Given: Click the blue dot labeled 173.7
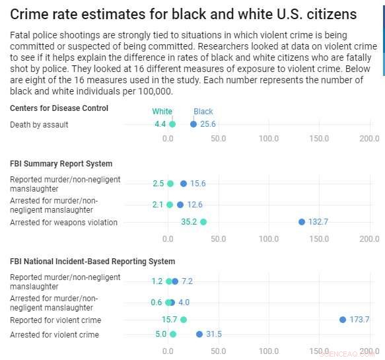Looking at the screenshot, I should pyautogui.click(x=343, y=320).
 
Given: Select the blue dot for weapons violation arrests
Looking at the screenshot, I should pyautogui.click(x=302, y=222).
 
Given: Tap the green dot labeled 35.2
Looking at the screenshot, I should pyautogui.click(x=203, y=222).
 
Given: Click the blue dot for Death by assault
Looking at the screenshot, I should pyautogui.click(x=193, y=124).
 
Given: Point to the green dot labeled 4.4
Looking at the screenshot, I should pyautogui.click(x=172, y=124).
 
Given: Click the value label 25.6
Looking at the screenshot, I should pyautogui.click(x=208, y=124).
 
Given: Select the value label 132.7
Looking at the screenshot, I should pyautogui.click(x=318, y=222).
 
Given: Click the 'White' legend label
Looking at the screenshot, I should pyautogui.click(x=162, y=112).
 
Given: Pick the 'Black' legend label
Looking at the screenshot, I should pyautogui.click(x=203, y=112).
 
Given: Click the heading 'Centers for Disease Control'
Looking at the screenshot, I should pyautogui.click(x=59, y=108).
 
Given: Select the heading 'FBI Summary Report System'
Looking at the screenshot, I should pyautogui.click(x=61, y=164).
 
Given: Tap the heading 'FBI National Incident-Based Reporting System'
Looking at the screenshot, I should pyautogui.click(x=92, y=262).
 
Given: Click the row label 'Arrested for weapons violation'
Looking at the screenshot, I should pyautogui.click(x=64, y=223).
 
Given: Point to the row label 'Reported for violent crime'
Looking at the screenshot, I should pyautogui.click(x=55, y=320).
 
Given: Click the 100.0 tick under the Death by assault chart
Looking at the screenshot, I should pyautogui.click(x=269, y=139).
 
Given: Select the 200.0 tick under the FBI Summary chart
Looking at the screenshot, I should pyautogui.click(x=369, y=236).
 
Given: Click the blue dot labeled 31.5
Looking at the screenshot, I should pyautogui.click(x=199, y=334).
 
